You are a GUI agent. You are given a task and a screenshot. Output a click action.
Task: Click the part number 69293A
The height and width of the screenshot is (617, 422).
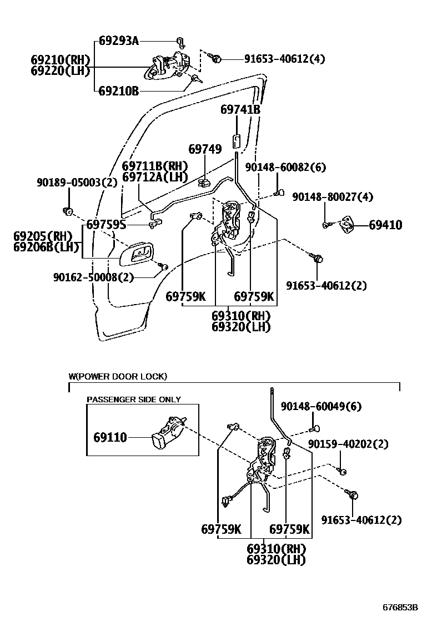click(x=119, y=41)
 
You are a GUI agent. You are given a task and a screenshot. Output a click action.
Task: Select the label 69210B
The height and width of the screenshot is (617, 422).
click(x=119, y=91)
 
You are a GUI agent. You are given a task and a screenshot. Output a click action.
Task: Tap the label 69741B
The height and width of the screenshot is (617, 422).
click(x=240, y=110)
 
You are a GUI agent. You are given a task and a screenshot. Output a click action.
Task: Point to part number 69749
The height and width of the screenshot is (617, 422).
click(x=205, y=149)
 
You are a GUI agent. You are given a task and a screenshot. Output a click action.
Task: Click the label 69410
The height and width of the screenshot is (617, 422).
click(x=385, y=225)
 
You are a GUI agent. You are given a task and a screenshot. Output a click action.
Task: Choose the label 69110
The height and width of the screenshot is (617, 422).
click(x=109, y=437)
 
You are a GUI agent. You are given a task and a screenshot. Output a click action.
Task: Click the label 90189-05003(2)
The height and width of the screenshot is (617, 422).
click(x=77, y=182)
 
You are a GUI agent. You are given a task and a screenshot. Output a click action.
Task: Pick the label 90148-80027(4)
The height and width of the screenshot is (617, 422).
click(x=333, y=197)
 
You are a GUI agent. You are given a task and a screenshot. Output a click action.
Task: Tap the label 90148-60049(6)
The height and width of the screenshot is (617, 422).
click(x=321, y=407)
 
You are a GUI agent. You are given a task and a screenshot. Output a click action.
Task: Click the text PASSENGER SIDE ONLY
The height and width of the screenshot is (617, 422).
click(x=133, y=399)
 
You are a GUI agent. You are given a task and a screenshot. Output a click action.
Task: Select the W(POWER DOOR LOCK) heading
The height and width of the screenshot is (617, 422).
click(x=118, y=377)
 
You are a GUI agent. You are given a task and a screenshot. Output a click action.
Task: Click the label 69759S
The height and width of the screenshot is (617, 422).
click(x=106, y=225)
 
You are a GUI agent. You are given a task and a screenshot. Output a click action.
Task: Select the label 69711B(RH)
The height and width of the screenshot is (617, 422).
click(x=155, y=166)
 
